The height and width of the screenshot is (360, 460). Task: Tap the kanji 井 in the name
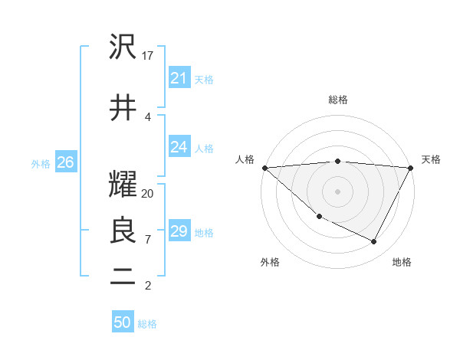click(123, 107)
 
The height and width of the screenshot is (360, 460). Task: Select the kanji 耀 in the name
click(123, 185)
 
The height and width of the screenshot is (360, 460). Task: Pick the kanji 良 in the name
click(123, 230)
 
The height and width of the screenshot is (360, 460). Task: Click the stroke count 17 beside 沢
click(148, 56)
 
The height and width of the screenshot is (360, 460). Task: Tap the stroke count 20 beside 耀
click(148, 193)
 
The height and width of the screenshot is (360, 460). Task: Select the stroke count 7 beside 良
click(148, 239)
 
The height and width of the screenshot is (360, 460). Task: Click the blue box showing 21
click(179, 77)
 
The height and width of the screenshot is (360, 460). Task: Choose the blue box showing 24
click(179, 147)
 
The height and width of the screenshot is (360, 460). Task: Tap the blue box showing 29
click(179, 231)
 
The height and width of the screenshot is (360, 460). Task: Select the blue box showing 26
click(65, 162)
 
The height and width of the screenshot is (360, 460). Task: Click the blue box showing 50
click(122, 322)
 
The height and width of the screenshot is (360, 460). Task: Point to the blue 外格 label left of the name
click(41, 163)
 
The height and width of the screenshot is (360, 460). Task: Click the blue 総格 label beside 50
click(147, 324)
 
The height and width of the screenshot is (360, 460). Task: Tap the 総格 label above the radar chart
click(337, 100)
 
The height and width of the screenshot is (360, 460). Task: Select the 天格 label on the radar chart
click(431, 159)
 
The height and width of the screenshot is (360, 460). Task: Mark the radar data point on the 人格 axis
click(264, 168)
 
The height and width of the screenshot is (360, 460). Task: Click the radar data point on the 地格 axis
click(374, 242)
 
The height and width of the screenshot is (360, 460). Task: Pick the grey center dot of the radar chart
click(337, 191)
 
